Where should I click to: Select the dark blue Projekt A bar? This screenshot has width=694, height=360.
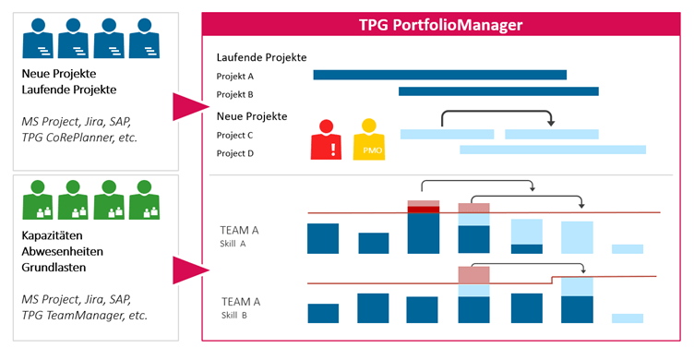[x=439, y=75]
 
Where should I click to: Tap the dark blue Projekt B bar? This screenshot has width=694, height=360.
[x=498, y=91]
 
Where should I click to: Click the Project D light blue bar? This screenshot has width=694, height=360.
[x=552, y=150]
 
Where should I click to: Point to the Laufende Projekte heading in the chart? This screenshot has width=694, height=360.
[x=261, y=57]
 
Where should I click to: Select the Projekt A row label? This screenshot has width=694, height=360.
[x=234, y=76]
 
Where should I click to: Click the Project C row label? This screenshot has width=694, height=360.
[x=234, y=135]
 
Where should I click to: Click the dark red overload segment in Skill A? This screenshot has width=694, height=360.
[x=423, y=210]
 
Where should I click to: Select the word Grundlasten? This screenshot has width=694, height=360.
[x=54, y=269]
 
